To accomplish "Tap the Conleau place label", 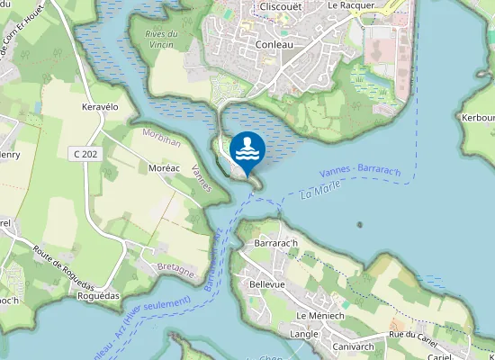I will point(280,43).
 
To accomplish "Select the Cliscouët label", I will point(279,6).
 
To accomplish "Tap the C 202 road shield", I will point(85,154).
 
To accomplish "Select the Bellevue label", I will point(266,283).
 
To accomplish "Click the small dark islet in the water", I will point(360,224).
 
